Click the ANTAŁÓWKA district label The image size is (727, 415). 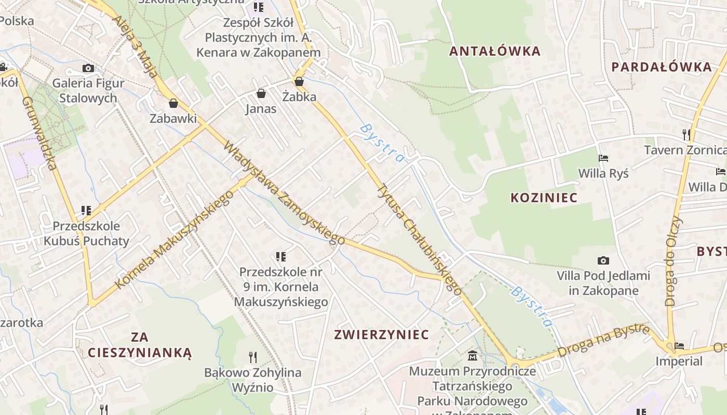(x=494, y=51)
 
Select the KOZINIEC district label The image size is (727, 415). (x=544, y=198)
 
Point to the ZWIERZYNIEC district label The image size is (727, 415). (x=382, y=335)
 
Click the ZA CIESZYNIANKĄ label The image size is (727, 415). (x=140, y=345)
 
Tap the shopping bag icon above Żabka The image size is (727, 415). (x=299, y=81)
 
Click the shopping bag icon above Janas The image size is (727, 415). (x=261, y=93)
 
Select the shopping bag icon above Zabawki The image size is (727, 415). (x=173, y=103)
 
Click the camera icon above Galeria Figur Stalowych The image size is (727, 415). (x=88, y=68)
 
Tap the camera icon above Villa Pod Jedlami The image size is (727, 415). (x=603, y=260)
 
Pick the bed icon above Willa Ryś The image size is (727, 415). (x=603, y=158)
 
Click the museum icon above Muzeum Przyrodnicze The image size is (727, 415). (x=473, y=356)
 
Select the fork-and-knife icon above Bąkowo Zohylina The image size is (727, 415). (x=253, y=357)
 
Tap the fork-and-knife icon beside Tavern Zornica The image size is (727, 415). (x=686, y=135)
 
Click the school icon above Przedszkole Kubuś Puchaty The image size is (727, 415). (x=86, y=211)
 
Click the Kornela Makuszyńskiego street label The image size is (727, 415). (x=174, y=240)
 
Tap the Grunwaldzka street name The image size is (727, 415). (x=39, y=133)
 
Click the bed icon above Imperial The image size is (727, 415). (x=679, y=345)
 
